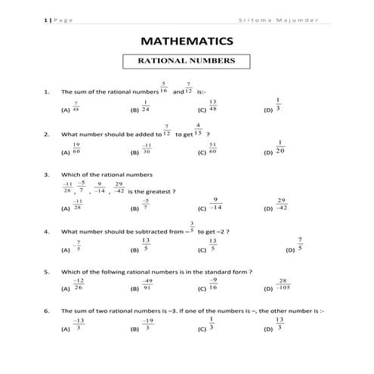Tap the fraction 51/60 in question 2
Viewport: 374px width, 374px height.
pos(213,148)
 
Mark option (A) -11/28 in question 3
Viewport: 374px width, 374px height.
pos(77,205)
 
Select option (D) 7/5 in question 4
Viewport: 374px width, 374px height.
pos(300,245)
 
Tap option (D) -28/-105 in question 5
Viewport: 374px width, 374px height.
pos(281,285)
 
